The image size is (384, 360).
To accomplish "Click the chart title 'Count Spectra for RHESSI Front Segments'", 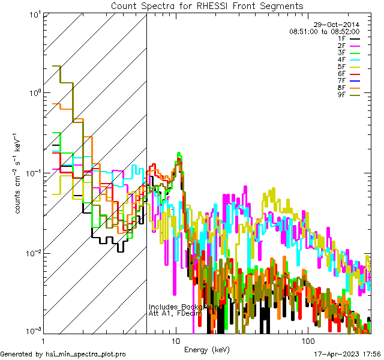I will pyautogui.click(x=207, y=5).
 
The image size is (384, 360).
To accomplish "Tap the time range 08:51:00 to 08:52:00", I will pyautogui.click(x=325, y=31).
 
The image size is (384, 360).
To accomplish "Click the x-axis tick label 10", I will pyautogui.click(x=176, y=340).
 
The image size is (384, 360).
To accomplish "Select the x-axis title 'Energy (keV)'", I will pyautogui.click(x=207, y=349).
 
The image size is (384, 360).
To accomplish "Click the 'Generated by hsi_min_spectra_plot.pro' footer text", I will pyautogui.click(x=63, y=354).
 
